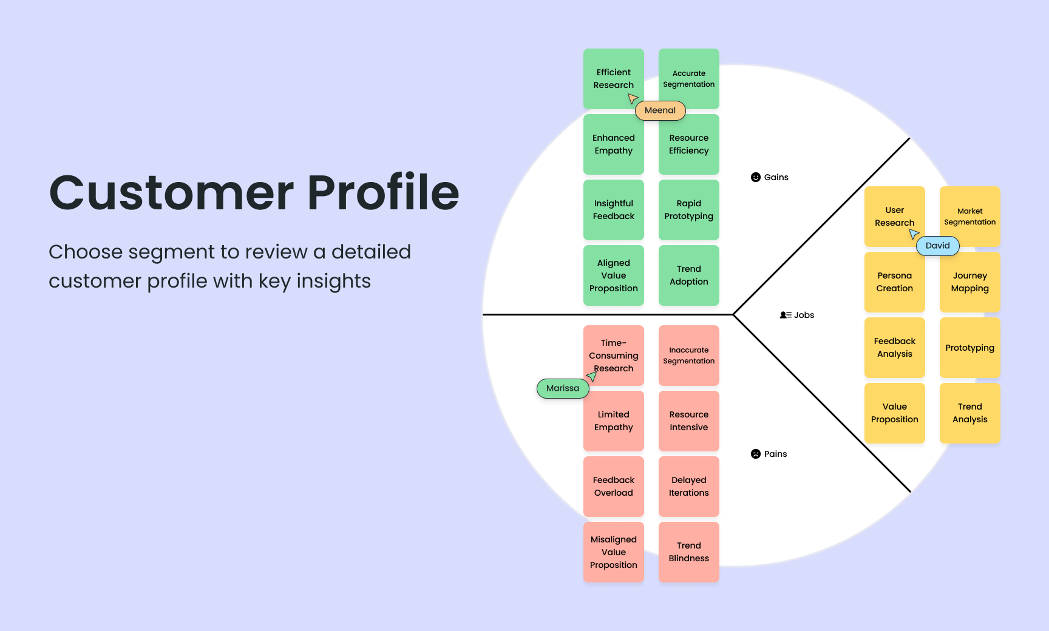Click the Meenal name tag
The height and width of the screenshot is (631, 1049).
click(660, 110)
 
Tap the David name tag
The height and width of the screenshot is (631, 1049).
click(937, 246)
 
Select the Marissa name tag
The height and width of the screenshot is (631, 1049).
click(562, 388)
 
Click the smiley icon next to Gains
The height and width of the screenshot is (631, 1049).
click(756, 177)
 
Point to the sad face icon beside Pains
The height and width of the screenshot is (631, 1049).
click(756, 454)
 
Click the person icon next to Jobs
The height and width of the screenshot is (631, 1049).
click(785, 315)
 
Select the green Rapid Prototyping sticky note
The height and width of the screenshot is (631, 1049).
click(688, 210)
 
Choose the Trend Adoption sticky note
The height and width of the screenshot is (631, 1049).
click(688, 275)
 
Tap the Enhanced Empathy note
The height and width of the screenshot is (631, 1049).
click(613, 144)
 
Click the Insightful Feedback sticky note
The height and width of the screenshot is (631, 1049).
click(613, 210)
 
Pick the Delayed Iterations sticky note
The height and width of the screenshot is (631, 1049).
click(688, 487)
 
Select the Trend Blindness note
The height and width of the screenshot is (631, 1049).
click(688, 552)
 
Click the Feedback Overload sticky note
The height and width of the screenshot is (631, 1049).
click(613, 487)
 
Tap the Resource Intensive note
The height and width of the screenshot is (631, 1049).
click(688, 421)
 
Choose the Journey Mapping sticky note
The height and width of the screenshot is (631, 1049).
click(969, 282)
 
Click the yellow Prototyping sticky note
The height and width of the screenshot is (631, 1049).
click(969, 348)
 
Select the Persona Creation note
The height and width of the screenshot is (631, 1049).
click(894, 282)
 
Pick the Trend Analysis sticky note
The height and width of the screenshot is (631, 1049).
click(969, 413)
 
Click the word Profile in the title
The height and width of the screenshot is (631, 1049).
click(383, 193)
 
